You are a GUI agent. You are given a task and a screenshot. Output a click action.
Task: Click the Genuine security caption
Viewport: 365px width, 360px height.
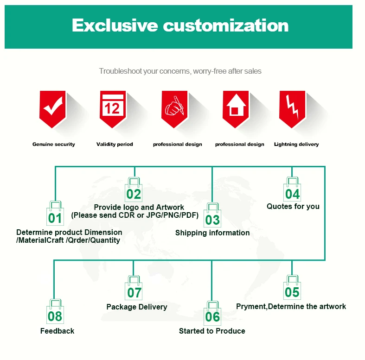53,145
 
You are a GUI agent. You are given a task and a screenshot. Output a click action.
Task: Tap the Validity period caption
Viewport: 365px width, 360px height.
115,145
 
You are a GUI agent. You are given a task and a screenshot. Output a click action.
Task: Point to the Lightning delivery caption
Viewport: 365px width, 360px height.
296,145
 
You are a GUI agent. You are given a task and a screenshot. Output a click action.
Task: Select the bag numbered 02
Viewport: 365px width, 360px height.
134,190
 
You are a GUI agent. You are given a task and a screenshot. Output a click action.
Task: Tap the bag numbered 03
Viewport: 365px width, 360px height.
212,216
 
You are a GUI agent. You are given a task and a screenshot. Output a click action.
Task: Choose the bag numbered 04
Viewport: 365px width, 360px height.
292,190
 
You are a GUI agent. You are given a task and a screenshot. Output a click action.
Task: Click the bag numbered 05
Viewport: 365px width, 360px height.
292,290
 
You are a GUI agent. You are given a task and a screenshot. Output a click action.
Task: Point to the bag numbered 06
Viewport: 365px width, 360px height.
212,314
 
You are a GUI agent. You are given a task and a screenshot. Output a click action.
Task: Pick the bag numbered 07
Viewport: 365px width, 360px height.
134,290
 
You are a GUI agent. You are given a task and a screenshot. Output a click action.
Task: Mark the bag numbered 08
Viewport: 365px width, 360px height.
55,314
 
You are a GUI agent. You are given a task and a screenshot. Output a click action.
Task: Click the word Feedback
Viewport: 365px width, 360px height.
57,331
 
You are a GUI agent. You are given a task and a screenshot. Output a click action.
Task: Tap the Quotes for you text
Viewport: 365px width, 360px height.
293,206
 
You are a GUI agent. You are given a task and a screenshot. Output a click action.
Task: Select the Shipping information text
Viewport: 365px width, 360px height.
212,233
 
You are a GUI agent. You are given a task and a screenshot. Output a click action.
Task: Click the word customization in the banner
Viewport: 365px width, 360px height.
225,25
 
